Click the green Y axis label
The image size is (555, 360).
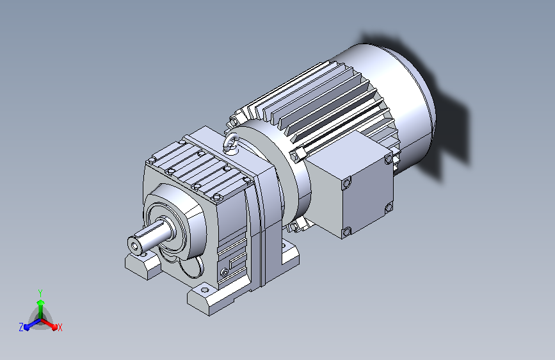pos(40,293)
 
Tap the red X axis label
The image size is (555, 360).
pos(60,328)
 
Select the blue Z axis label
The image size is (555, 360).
pos(21,327)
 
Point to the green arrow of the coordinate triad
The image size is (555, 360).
pos(41,310)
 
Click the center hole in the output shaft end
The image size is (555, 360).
pos(134,245)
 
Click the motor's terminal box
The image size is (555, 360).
pos(350,185)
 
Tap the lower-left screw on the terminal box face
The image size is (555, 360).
pos(346,233)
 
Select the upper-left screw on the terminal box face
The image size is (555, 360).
pos(346,183)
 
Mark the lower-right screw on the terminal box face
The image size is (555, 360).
pos(389,208)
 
